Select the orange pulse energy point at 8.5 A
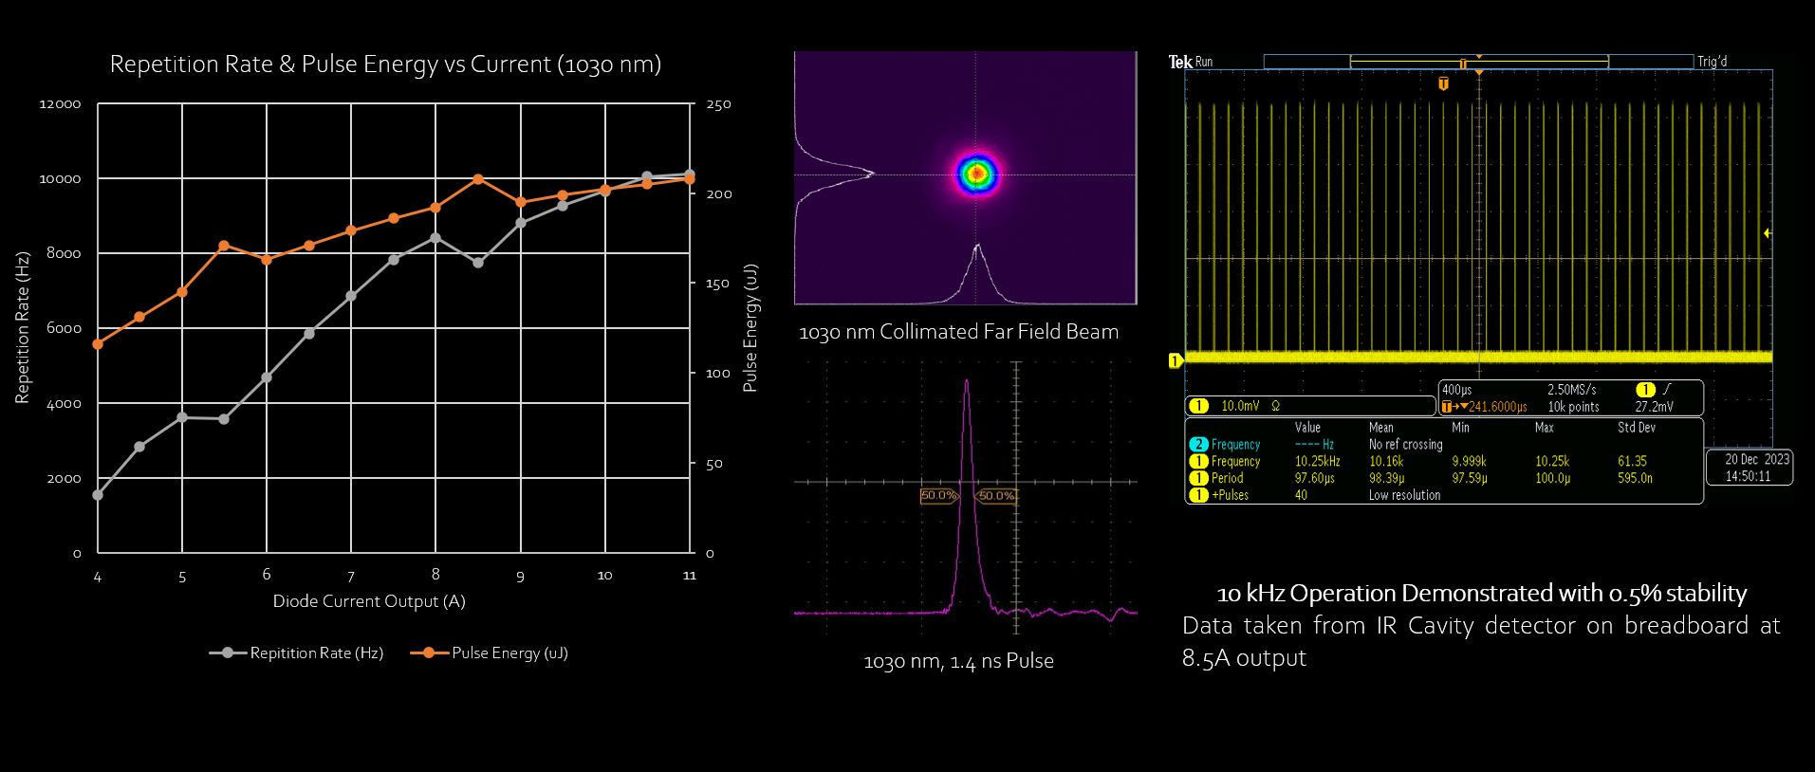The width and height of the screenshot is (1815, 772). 478,179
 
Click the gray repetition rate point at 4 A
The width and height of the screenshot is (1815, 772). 98,495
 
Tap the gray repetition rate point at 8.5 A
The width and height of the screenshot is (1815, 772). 478,263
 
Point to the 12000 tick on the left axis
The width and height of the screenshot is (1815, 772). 60,104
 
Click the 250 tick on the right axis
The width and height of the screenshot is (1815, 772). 718,104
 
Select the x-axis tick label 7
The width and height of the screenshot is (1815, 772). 351,577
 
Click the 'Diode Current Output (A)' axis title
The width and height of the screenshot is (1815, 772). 369,601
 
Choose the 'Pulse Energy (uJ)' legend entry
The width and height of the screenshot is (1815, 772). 509,653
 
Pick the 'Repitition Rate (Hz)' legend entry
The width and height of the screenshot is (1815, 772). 316,653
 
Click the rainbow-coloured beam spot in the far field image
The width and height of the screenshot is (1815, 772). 976,174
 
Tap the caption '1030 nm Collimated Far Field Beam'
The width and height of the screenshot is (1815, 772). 958,332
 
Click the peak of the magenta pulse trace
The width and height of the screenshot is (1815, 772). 967,381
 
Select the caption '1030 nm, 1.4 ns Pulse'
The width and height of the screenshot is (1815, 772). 958,661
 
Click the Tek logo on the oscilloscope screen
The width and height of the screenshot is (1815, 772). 1179,62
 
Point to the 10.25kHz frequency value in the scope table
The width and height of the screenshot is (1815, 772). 1317,462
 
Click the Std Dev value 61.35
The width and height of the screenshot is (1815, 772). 1632,462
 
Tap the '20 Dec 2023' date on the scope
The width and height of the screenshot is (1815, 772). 1756,459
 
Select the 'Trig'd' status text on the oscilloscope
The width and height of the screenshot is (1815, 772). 1712,62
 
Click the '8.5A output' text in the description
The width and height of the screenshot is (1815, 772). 1244,658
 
